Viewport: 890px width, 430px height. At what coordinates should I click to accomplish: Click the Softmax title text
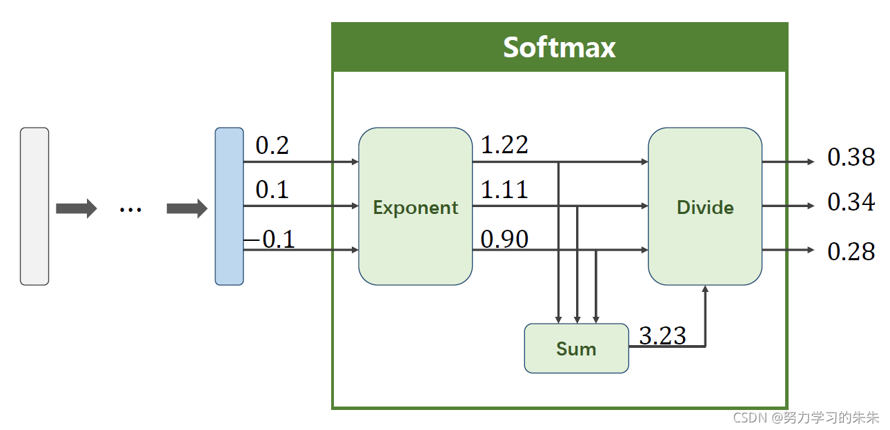pyautogui.click(x=559, y=48)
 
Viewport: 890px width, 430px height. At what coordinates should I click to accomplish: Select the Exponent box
pyautogui.click(x=415, y=206)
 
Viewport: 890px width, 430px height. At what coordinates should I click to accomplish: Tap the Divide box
pyautogui.click(x=704, y=206)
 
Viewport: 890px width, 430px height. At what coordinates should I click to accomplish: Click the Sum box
pyautogui.click(x=576, y=349)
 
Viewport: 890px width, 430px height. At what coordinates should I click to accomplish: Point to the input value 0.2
pyautogui.click(x=272, y=146)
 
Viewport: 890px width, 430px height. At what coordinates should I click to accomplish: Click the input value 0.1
pyautogui.click(x=272, y=190)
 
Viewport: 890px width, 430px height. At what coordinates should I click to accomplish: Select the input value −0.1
pyautogui.click(x=270, y=240)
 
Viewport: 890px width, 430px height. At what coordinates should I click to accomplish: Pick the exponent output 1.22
pyautogui.click(x=504, y=145)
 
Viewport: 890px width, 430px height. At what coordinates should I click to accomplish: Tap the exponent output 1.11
pyautogui.click(x=504, y=189)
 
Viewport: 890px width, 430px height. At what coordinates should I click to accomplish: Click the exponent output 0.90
pyautogui.click(x=504, y=240)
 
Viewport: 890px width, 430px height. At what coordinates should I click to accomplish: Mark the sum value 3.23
pyautogui.click(x=662, y=335)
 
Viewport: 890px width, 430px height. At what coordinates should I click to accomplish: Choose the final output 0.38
pyautogui.click(x=851, y=158)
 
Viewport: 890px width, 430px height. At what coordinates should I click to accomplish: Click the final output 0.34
pyautogui.click(x=851, y=203)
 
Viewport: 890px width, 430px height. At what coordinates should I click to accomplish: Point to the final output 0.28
pyautogui.click(x=851, y=252)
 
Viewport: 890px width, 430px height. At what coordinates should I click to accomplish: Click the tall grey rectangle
pyautogui.click(x=34, y=206)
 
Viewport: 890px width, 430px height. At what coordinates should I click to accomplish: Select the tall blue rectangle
pyautogui.click(x=229, y=206)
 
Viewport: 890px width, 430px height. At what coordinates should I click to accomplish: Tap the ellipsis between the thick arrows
pyautogui.click(x=130, y=208)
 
